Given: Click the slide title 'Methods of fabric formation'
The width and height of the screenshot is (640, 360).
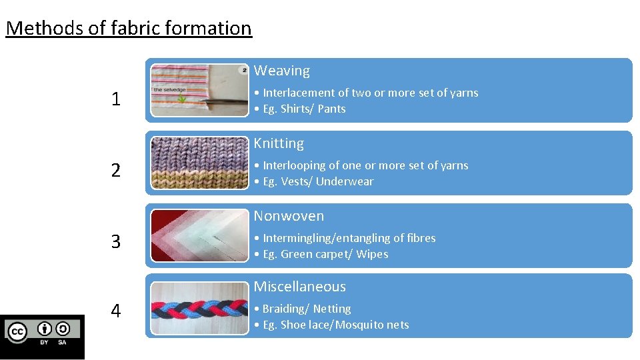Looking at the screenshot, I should (x=129, y=28).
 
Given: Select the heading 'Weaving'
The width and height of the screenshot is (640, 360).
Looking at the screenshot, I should (x=281, y=71).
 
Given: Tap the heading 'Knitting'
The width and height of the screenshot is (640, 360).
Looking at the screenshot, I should (x=278, y=143).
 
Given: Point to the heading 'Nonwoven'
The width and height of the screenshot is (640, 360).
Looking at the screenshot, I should (x=288, y=216).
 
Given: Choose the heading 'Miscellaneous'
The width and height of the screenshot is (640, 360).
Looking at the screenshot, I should (x=299, y=287).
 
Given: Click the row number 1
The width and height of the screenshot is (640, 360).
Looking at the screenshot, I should (x=116, y=99).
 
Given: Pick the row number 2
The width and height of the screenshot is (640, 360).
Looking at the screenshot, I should (x=116, y=171).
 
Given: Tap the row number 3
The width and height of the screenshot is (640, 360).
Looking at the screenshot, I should (x=116, y=241).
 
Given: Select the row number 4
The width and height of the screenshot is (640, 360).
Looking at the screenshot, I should (x=116, y=311).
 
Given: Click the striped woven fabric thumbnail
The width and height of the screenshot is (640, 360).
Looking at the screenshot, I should (x=199, y=90).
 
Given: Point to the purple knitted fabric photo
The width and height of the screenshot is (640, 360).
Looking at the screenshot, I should (x=199, y=163).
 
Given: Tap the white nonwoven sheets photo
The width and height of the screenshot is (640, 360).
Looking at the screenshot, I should (x=199, y=235).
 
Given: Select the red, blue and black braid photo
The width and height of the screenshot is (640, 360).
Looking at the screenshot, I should (x=199, y=308).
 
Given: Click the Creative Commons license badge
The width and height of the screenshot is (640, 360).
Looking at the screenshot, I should (x=43, y=331).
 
